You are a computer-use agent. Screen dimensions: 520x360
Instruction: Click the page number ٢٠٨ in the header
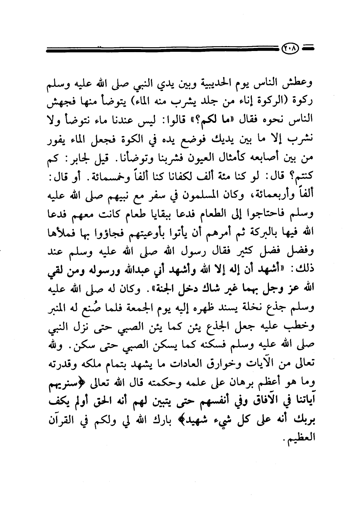291,49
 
